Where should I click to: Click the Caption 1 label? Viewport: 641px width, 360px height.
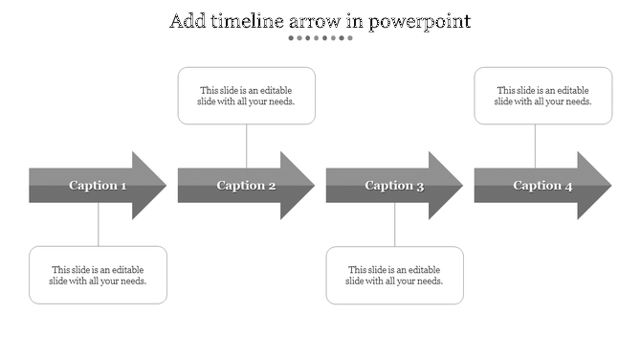point(98,186)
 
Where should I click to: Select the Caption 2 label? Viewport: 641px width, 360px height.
point(246,186)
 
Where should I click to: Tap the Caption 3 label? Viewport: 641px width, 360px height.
point(394,186)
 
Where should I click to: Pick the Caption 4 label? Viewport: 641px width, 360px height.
point(542,186)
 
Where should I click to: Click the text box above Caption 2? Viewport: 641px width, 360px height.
point(247,96)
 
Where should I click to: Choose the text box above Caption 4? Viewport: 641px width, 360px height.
point(543,96)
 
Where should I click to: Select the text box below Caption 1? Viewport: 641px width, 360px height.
point(98,275)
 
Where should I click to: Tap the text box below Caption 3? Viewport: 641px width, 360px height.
point(394,275)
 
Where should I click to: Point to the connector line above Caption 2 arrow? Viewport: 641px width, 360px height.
point(247,146)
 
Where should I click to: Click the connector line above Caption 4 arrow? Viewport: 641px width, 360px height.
point(535,146)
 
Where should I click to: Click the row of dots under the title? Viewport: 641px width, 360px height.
point(320,38)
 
